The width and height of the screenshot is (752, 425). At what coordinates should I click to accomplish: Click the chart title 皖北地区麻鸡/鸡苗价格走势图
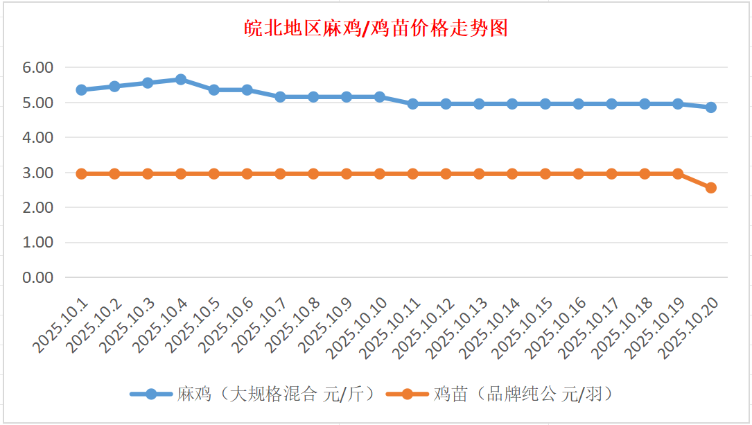pyautogui.click(x=376, y=28)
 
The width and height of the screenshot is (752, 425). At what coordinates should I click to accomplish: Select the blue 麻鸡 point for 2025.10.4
pyautogui.click(x=181, y=79)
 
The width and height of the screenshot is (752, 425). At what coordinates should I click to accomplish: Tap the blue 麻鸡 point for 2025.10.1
pyautogui.click(x=81, y=89)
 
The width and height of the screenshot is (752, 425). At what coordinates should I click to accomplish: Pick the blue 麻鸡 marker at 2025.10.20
pyautogui.click(x=711, y=107)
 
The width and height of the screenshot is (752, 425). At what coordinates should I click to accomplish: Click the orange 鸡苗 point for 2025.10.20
pyautogui.click(x=711, y=188)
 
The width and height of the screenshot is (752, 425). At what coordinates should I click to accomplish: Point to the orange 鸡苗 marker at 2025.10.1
pyautogui.click(x=81, y=173)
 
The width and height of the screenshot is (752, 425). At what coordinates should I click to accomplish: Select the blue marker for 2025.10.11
pyautogui.click(x=412, y=104)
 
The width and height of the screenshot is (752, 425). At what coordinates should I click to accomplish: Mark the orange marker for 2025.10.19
pyautogui.click(x=678, y=173)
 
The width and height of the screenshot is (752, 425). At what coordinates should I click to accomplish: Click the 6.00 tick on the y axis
pyautogui.click(x=37, y=68)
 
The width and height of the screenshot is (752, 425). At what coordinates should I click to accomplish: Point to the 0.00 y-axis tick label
pyautogui.click(x=37, y=277)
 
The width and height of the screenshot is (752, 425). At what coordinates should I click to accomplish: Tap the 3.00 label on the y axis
pyautogui.click(x=37, y=173)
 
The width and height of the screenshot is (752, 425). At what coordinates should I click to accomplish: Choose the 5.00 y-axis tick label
pyautogui.click(x=37, y=103)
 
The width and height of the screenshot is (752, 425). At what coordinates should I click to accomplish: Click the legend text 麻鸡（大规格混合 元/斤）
pyautogui.click(x=275, y=394)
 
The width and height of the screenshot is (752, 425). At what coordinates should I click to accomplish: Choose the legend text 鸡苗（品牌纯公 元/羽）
pyautogui.click(x=523, y=394)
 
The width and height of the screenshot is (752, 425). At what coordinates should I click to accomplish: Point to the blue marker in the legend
pyautogui.click(x=150, y=394)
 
